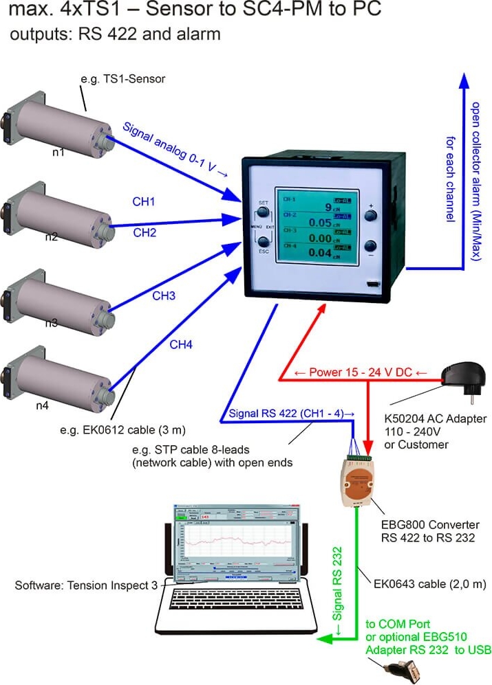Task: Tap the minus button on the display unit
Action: (x=371, y=247)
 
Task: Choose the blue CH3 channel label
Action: (x=163, y=296)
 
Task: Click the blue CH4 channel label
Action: (x=180, y=344)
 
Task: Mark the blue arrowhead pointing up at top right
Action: (x=464, y=82)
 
